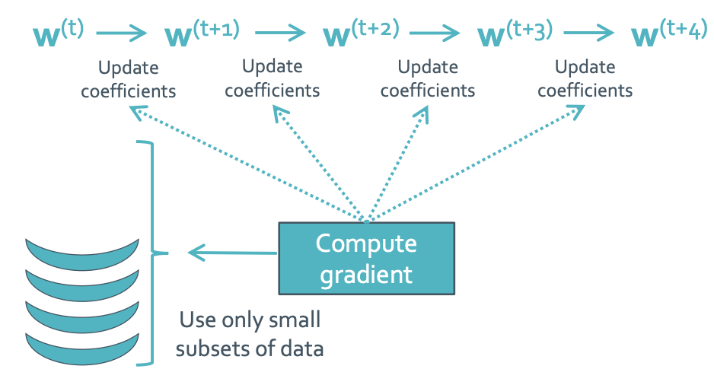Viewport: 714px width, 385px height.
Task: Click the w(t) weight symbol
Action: [59, 33]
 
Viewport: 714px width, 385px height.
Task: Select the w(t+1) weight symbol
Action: [202, 33]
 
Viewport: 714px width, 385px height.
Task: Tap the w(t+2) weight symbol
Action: [361, 33]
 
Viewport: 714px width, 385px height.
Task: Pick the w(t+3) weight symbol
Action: [515, 33]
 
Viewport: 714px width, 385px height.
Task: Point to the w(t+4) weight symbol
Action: [669, 33]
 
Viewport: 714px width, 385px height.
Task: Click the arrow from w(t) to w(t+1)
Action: [122, 33]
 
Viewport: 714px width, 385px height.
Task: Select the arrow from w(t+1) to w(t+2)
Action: [280, 33]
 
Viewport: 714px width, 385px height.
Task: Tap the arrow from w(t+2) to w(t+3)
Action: [435, 33]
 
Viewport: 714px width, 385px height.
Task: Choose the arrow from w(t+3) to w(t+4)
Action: [588, 33]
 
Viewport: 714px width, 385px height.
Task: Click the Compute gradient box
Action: [367, 258]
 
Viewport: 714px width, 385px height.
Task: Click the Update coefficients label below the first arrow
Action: [129, 79]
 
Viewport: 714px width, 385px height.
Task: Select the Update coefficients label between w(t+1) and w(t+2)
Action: [273, 78]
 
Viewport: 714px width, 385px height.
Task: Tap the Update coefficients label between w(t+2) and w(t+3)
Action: [428, 78]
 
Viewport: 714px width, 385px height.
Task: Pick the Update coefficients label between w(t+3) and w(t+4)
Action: [585, 78]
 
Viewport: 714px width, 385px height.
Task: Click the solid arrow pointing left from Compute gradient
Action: [232, 253]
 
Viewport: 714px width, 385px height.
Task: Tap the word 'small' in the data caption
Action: [295, 320]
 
